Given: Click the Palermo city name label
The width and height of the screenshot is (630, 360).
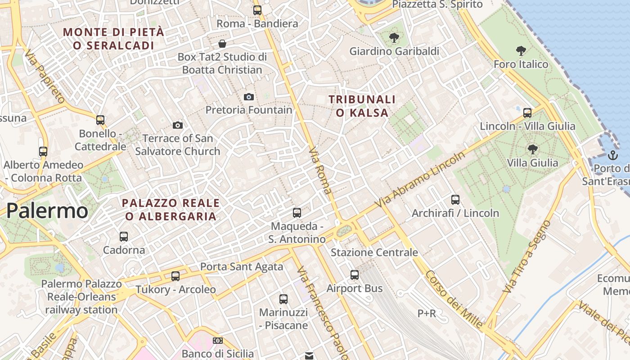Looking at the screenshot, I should click(47, 211).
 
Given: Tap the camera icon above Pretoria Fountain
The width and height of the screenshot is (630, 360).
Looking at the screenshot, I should click(248, 97).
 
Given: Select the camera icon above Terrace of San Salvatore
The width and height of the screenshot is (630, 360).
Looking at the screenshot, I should click(178, 125).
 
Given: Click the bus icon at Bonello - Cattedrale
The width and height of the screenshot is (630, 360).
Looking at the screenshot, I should click(100, 120).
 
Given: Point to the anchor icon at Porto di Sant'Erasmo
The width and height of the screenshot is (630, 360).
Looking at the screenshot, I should click(612, 156).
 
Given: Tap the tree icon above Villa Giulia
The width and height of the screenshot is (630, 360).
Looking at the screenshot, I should click(532, 149).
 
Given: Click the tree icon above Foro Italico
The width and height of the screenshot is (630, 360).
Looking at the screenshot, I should click(521, 51).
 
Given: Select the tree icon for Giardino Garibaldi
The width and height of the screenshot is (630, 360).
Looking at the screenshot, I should click(394, 38).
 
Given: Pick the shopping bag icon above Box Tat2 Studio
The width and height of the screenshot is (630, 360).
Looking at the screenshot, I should click(222, 44).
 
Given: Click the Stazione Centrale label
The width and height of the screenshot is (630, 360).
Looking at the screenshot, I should click(374, 252).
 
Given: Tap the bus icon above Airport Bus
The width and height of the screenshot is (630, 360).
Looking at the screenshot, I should click(355, 274).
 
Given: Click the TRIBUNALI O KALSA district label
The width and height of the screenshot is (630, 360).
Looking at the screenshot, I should click(362, 106).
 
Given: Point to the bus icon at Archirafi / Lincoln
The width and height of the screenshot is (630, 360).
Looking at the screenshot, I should click(455, 199).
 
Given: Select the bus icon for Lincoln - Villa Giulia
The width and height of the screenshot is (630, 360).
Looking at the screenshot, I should click(527, 112).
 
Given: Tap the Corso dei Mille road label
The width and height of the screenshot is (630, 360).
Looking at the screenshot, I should click(454, 300).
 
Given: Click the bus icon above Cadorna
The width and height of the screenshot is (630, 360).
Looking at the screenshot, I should click(124, 236).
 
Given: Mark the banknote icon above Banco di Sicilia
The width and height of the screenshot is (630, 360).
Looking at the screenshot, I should click(218, 341).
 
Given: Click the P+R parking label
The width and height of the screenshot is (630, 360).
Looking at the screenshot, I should click(427, 313).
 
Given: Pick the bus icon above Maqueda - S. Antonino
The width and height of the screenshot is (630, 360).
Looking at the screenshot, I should click(297, 213).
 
